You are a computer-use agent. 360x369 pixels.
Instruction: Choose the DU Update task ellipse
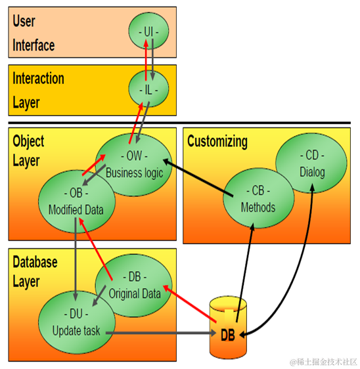pos(76,323)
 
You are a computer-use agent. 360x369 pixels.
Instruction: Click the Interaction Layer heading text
pos(39,90)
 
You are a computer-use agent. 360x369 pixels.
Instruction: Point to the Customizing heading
pos(217,141)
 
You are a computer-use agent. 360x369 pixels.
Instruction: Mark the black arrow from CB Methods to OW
pos(197,177)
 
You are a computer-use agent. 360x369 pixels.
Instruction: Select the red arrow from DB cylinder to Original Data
pos(191,303)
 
